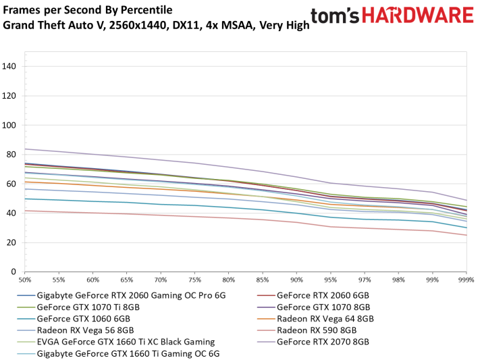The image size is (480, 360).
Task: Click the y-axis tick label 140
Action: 9,66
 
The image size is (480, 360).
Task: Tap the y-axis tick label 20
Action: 11,242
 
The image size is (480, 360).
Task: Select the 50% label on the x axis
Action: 25,279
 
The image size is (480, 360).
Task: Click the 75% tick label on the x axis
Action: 194,279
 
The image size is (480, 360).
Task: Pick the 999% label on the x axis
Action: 466,279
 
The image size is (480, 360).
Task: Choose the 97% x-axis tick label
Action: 365,279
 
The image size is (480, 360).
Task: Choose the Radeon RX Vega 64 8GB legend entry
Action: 326,318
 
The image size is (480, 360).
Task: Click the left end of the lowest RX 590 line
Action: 25,211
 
